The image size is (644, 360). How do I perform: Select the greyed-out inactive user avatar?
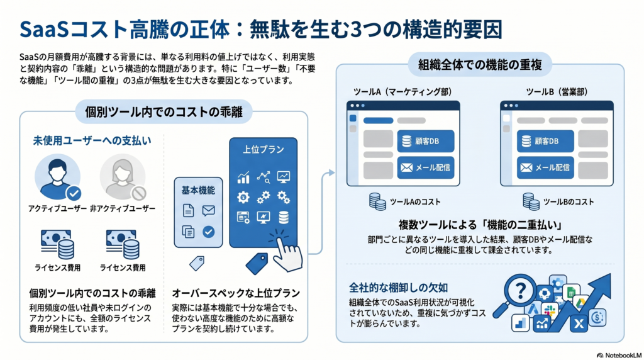click(122, 177)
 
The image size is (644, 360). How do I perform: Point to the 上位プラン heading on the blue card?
click(263, 150)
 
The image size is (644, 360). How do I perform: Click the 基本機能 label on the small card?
click(198, 190)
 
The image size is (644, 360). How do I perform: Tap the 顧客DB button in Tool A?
click(425, 141)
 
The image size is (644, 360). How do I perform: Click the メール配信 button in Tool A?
click(425, 167)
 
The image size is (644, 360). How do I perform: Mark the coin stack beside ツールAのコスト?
click(377, 201)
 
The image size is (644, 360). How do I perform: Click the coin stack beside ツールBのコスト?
click(531, 201)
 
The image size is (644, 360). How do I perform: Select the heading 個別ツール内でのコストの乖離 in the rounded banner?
click(164, 113)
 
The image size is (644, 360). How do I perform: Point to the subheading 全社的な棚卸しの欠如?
click(399, 288)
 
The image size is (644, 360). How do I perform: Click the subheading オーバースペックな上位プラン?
click(235, 293)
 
